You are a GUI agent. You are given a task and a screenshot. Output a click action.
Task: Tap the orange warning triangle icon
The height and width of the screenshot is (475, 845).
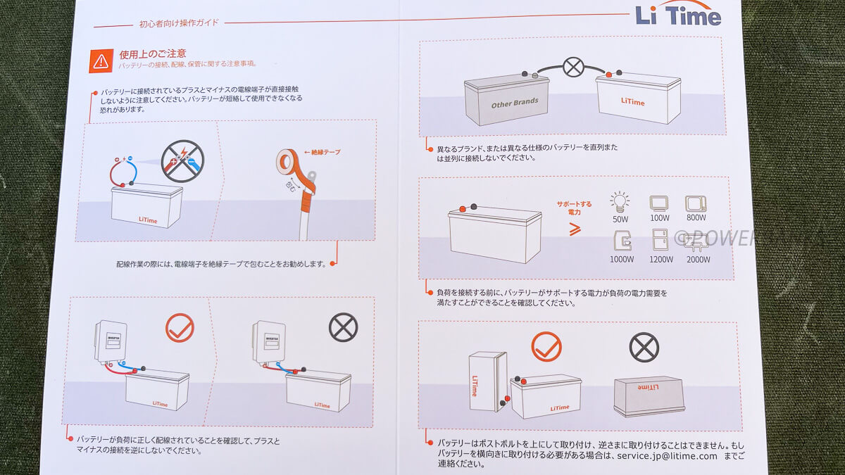(99, 61)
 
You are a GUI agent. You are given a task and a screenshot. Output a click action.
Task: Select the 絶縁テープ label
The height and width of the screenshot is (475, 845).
(322, 152)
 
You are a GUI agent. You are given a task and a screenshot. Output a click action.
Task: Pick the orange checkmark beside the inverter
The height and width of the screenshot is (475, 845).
(180, 328)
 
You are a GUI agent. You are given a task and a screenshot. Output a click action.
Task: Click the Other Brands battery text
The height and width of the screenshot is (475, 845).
(514, 102)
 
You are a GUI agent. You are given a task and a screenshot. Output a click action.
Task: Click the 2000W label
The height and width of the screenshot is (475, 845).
(696, 260)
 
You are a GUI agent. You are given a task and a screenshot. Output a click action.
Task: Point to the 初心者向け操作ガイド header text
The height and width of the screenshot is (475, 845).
(179, 23)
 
